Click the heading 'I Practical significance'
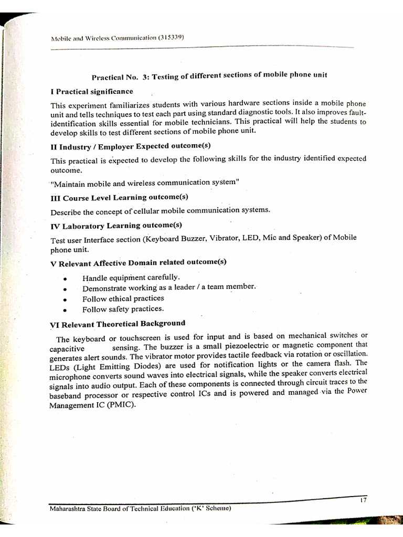point(91,91)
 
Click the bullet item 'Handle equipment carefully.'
point(131,277)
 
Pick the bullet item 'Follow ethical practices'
point(123,298)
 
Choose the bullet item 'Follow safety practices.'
point(123,309)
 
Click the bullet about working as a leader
point(168,287)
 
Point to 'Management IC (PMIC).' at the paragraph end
point(92,404)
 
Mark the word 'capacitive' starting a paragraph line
point(67,348)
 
